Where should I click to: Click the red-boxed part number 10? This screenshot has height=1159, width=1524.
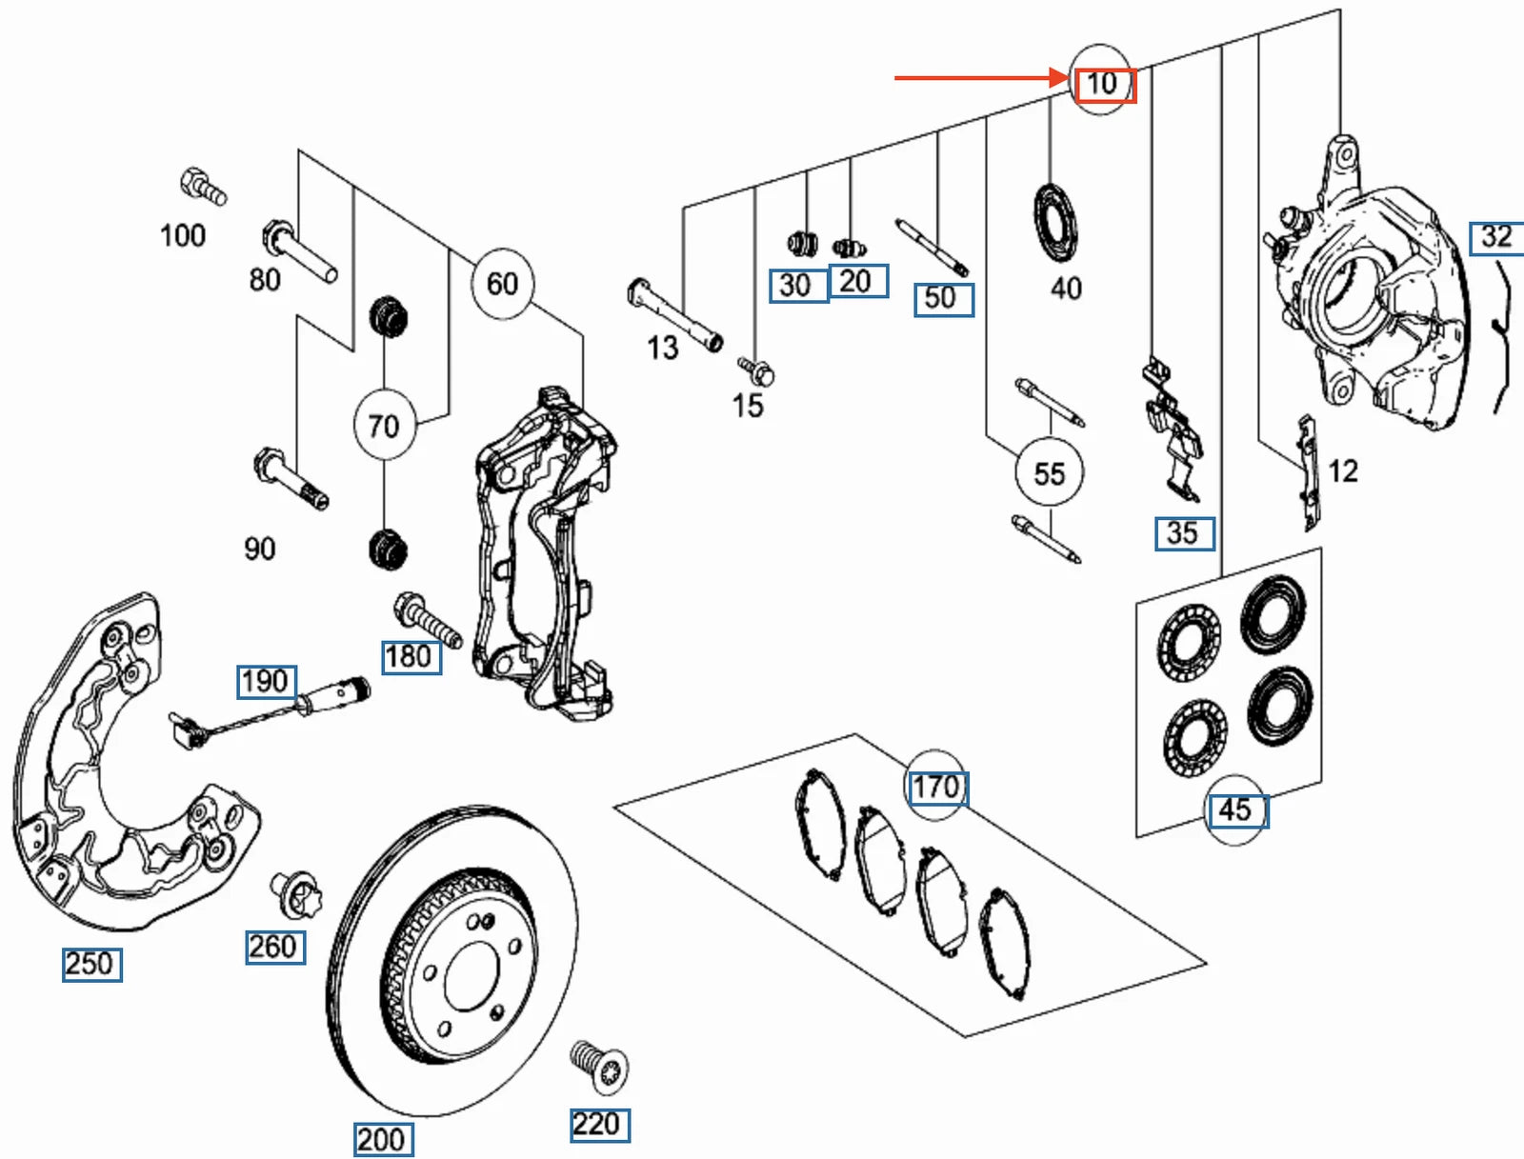pyautogui.click(x=1104, y=85)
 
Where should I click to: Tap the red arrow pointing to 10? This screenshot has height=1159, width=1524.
pyautogui.click(x=981, y=78)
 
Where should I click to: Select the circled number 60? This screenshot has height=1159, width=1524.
pyautogui.click(x=502, y=283)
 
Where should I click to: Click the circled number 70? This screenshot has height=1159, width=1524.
pyautogui.click(x=384, y=425)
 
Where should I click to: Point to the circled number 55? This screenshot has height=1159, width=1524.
pyautogui.click(x=1049, y=473)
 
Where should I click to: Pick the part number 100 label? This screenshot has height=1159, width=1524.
pyautogui.click(x=182, y=235)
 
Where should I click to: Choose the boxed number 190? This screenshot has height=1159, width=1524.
pyautogui.click(x=266, y=682)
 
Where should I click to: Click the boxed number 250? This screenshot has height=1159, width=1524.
pyautogui.click(x=91, y=964)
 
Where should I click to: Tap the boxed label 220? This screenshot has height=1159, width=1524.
pyautogui.click(x=599, y=1125)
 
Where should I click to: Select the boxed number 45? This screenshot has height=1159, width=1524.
pyautogui.click(x=1235, y=810)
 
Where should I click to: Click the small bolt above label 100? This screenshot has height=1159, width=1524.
pyautogui.click(x=203, y=186)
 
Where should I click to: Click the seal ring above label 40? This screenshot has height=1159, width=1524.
pyautogui.click(x=1056, y=221)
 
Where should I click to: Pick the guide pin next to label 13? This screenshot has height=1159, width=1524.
pyautogui.click(x=675, y=314)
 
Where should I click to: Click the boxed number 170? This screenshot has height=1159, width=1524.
pyautogui.click(x=937, y=788)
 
